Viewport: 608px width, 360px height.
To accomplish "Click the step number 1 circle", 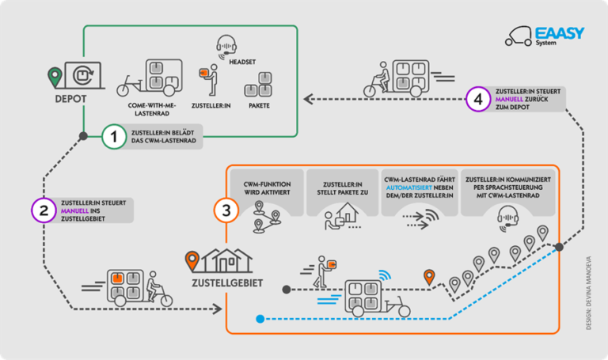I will click(x=115, y=138).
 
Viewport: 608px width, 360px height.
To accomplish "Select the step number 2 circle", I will click(x=44, y=210).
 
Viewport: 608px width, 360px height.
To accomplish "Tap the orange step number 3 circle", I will click(x=226, y=213).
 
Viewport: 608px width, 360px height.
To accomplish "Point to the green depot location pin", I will click(x=54, y=77).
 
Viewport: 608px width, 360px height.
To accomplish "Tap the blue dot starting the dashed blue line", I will click(x=260, y=320).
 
